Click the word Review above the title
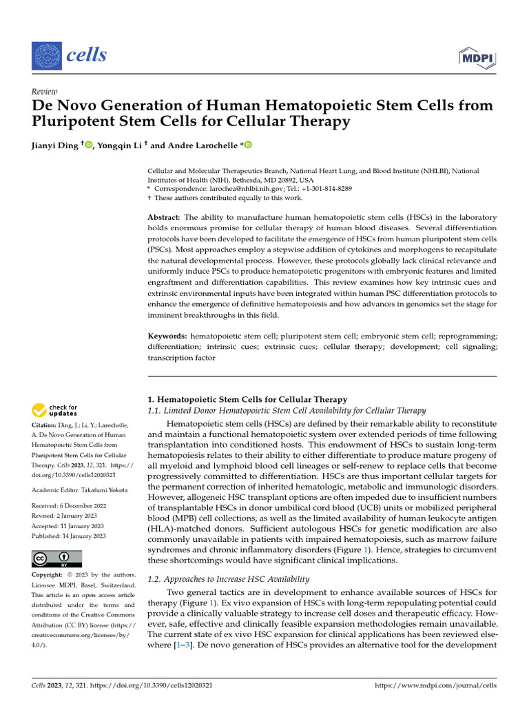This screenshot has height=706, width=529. pos(45,92)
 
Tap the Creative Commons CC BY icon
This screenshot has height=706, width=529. pos(56,558)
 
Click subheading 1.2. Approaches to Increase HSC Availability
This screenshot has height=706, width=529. pos(229,579)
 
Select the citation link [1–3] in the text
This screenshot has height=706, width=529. pos(178,645)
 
